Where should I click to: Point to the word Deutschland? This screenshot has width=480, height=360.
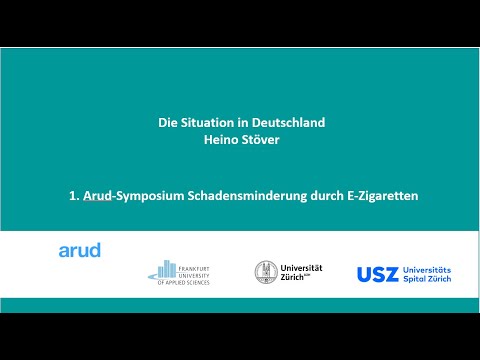click(x=286, y=123)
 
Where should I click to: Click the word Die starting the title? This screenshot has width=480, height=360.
click(x=168, y=123)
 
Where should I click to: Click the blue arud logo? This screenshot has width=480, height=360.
click(x=80, y=250)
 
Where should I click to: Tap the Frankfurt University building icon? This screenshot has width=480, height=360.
click(x=165, y=270)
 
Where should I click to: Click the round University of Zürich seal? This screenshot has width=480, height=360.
click(x=267, y=271)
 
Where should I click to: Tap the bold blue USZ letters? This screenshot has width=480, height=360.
click(x=379, y=273)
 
